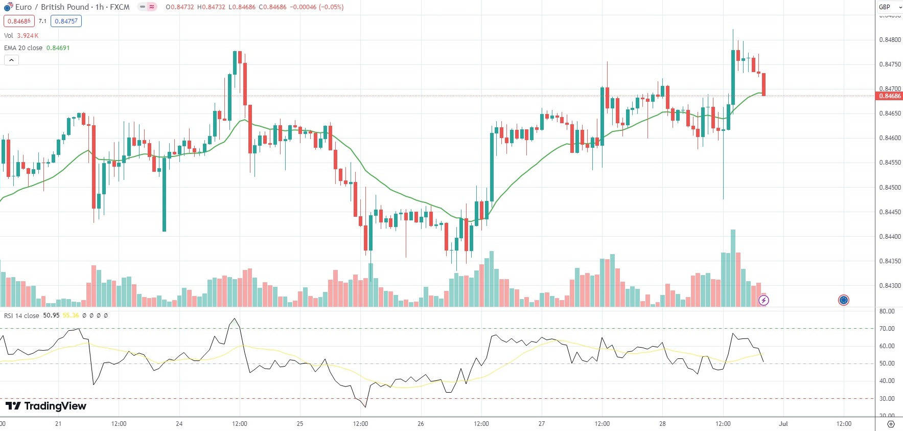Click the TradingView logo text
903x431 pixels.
click(46, 406)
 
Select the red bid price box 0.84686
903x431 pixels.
click(19, 21)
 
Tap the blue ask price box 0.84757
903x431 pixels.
click(66, 21)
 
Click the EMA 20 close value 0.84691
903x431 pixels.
click(58, 48)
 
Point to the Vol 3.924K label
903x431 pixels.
click(21, 36)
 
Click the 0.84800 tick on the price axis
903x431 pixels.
click(890, 40)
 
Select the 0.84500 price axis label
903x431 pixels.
click(890, 188)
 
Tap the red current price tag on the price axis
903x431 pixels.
click(889, 96)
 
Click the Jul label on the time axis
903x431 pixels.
click(783, 424)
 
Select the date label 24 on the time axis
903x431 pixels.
click(179, 424)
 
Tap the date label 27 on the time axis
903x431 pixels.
click(541, 424)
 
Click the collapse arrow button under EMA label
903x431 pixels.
click(11, 60)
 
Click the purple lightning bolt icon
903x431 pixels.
click(763, 300)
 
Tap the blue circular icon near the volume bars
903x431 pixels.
click(843, 300)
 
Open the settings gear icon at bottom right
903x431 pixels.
click(891, 424)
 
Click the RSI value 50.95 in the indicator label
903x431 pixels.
click(51, 315)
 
